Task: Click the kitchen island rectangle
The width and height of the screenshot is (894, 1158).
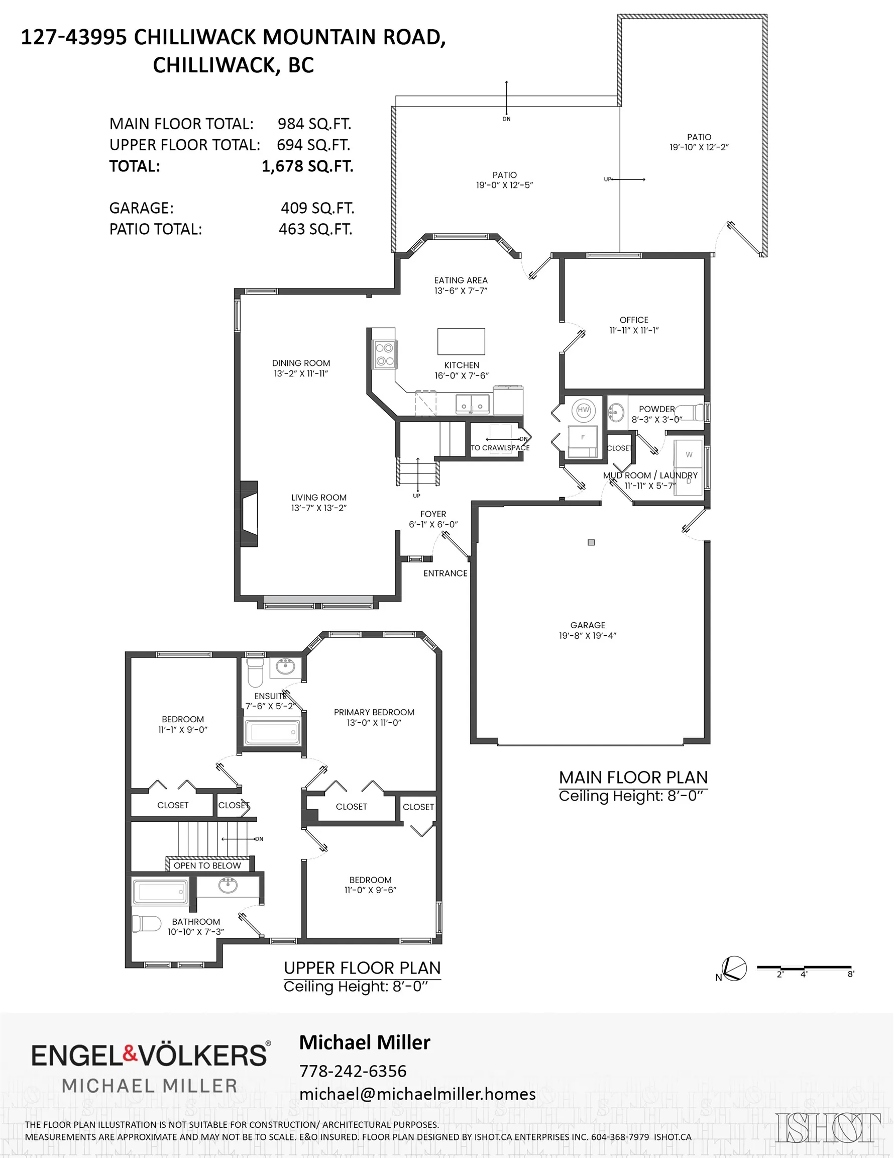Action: [x=461, y=341]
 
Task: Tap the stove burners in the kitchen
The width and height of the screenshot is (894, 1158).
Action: [x=384, y=355]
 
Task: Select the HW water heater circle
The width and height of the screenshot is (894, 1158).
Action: [x=584, y=410]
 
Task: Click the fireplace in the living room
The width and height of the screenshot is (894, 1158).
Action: [x=250, y=513]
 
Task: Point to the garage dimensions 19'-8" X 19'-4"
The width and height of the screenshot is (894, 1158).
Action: [x=588, y=636]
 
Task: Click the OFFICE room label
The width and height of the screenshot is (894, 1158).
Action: [x=634, y=320]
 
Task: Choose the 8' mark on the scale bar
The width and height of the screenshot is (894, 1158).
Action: [x=850, y=974]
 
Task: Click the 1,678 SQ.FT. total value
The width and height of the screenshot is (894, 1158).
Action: [x=307, y=166]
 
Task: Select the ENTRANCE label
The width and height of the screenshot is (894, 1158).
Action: [x=445, y=573]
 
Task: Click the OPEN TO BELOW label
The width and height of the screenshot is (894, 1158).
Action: [x=207, y=866]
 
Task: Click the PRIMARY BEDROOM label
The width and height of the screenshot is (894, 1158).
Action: [x=374, y=712]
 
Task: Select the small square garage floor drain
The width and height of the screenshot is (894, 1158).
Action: [x=592, y=542]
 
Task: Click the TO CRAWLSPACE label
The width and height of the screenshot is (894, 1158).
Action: [x=500, y=447]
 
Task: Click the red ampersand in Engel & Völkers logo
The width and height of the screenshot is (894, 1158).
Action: [x=131, y=1053]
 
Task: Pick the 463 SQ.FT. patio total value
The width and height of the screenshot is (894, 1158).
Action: [x=315, y=230]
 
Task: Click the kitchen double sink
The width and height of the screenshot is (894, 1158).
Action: [x=473, y=404]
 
